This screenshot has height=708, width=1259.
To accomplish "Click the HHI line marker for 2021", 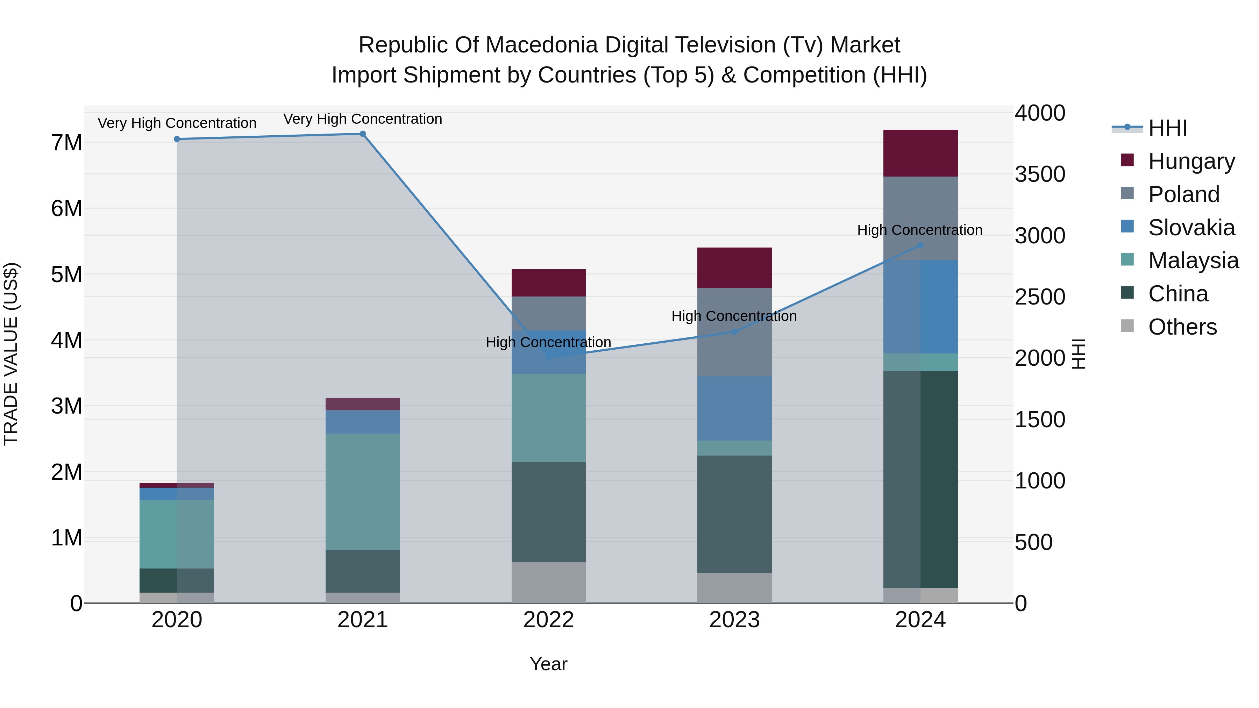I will click(x=363, y=134).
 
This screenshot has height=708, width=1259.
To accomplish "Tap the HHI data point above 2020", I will click(x=177, y=139).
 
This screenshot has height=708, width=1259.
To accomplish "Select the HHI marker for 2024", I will click(x=920, y=245).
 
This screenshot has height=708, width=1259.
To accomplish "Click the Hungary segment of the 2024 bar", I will click(x=920, y=153).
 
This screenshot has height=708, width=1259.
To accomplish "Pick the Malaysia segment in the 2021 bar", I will click(x=363, y=492).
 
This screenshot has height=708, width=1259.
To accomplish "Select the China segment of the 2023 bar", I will click(x=734, y=514).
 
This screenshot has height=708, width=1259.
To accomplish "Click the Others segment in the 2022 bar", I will click(x=548, y=582).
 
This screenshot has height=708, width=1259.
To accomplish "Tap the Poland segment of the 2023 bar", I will click(x=734, y=332).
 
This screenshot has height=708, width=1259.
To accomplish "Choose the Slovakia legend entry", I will click(x=1191, y=228).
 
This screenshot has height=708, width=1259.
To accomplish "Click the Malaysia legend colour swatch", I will click(x=1127, y=259).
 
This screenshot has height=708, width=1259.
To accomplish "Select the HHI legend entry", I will click(x=1167, y=128).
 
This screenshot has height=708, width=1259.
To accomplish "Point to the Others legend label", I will click(x=1182, y=327).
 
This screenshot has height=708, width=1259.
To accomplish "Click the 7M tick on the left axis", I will click(x=67, y=143).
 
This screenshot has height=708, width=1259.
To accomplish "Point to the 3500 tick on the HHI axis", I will click(x=1040, y=174).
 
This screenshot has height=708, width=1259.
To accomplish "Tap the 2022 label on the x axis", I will click(x=548, y=620).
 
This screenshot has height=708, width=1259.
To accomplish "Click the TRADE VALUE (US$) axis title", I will click(x=11, y=354).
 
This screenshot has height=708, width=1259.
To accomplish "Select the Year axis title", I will click(x=548, y=664).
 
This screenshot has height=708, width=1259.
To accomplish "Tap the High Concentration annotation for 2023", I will click(x=734, y=316).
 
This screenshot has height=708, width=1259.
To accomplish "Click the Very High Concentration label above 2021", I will click(x=363, y=119).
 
